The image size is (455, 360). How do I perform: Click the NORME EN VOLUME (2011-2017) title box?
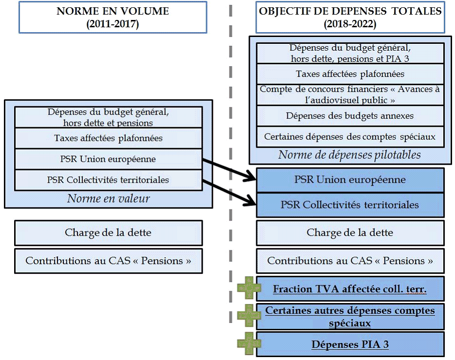coord(113,17)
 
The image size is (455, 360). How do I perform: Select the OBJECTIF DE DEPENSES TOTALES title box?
coord(350,17)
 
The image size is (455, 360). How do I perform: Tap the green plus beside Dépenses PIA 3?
coord(249,344)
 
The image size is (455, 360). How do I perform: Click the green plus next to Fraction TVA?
coord(249,288)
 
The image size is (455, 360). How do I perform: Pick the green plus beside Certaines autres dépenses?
coord(249,315)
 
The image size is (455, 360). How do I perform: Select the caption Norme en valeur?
coord(108,198)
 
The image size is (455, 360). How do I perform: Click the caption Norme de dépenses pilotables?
coord(350,155)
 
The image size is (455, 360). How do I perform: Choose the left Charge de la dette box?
coord(108,232)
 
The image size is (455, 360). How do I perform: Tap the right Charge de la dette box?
coord(350,232)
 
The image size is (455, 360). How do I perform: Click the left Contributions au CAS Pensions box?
coord(108,261)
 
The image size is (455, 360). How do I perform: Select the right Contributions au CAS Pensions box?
coord(350,261)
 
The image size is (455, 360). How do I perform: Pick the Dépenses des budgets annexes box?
coord(350,116)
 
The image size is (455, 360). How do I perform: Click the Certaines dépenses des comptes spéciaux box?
coord(350,137)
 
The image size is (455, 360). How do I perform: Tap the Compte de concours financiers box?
coord(350,95)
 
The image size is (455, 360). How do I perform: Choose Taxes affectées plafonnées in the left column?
coord(108,138)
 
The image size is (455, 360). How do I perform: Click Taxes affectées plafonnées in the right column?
coord(350,74)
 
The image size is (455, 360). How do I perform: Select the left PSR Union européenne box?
coord(108,159)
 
